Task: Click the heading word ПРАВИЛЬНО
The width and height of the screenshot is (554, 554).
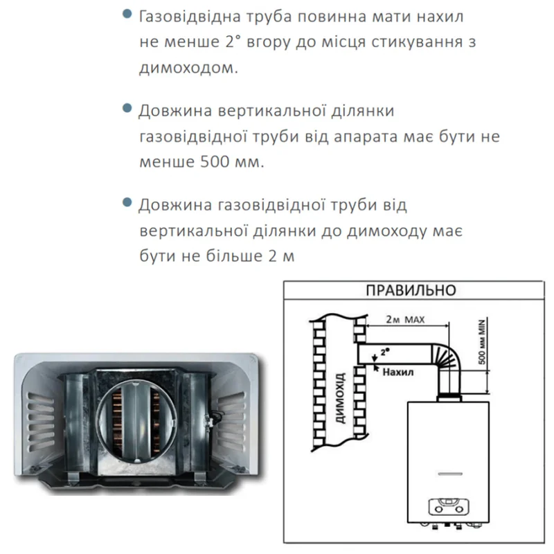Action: pyautogui.click(x=411, y=290)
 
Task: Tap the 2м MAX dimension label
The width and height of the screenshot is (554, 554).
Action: pyautogui.click(x=405, y=320)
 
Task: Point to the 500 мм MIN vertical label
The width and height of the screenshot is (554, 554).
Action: pyautogui.click(x=481, y=341)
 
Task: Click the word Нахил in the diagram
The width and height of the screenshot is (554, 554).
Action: pyautogui.click(x=397, y=372)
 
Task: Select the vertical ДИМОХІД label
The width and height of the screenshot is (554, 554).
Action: pyautogui.click(x=340, y=397)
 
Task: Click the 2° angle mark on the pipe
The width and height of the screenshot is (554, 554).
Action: pyautogui.click(x=385, y=352)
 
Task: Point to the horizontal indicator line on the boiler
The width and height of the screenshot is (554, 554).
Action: pyautogui.click(x=449, y=474)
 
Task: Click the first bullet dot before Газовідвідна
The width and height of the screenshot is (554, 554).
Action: pyautogui.click(x=127, y=14)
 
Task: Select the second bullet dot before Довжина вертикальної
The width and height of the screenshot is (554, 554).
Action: pyautogui.click(x=127, y=108)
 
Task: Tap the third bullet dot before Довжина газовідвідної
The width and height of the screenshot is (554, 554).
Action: pyautogui.click(x=127, y=202)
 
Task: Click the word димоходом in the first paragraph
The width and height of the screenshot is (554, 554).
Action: pyautogui.click(x=186, y=67)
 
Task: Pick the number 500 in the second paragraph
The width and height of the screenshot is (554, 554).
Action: pyautogui.click(x=215, y=162)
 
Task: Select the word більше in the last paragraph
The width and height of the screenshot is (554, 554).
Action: pyautogui.click(x=234, y=256)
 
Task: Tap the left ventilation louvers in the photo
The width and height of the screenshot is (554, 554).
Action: pyautogui.click(x=42, y=420)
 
